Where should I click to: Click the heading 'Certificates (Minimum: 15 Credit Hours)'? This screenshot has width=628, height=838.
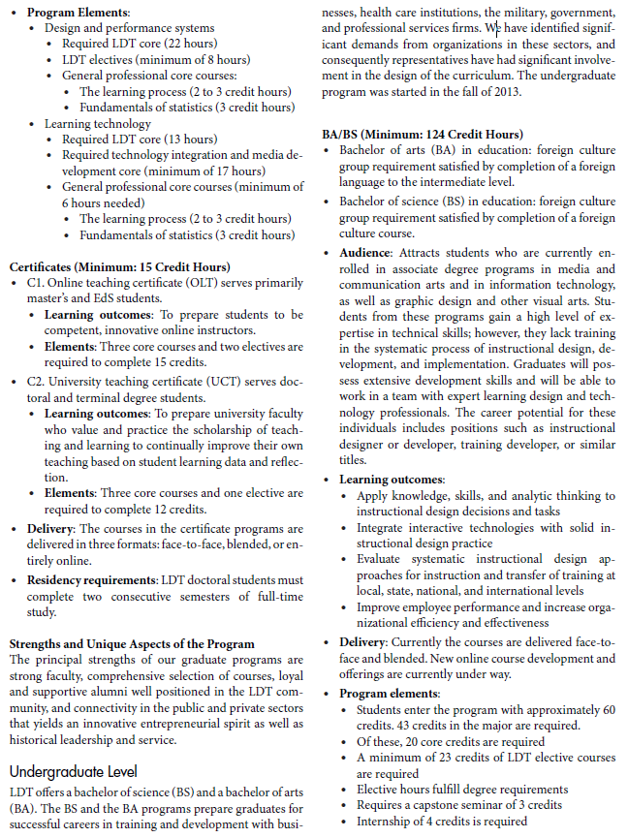click(119, 266)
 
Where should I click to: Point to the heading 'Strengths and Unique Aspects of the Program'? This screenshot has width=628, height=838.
click(132, 643)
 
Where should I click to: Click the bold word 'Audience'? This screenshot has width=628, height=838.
click(365, 253)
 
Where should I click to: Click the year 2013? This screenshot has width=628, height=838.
click(505, 92)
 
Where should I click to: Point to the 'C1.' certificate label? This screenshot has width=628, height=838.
click(36, 282)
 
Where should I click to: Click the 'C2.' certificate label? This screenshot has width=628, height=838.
click(36, 382)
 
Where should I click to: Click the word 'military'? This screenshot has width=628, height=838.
click(522, 12)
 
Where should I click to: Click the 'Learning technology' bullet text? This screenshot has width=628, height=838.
click(98, 124)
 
